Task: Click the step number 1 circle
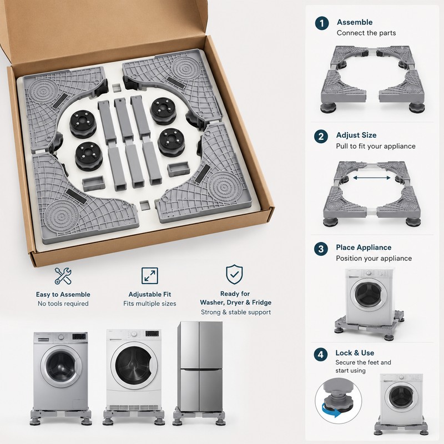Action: (322, 23)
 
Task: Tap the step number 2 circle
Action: (321, 137)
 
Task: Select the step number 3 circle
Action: (321, 249)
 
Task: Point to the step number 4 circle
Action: (321, 355)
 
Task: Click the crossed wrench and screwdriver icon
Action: (63, 276)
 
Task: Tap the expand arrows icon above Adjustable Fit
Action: (150, 275)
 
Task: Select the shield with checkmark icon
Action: (234, 274)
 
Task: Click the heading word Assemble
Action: (355, 22)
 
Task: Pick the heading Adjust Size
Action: (356, 135)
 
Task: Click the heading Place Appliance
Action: (364, 248)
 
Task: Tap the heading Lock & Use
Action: (355, 353)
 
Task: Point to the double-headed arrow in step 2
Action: (372, 178)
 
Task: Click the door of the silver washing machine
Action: (61, 366)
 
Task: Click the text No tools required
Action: (63, 304)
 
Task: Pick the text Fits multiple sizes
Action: (150, 304)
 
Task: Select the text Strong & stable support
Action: (236, 312)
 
